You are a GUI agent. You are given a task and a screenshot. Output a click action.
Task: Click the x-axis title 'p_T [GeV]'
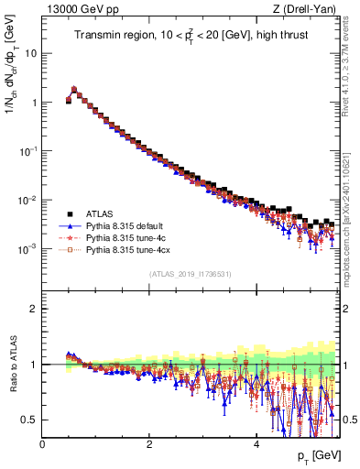pyautogui.click(x=318, y=455)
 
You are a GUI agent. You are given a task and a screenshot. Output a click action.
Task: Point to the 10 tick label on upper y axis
pyautogui.click(x=30, y=53)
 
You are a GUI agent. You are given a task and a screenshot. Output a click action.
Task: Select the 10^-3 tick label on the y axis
pyautogui.click(x=28, y=249)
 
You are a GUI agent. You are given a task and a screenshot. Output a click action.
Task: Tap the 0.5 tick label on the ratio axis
pyautogui.click(x=29, y=420)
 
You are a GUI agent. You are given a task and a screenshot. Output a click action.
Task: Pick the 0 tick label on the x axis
pyautogui.click(x=42, y=443)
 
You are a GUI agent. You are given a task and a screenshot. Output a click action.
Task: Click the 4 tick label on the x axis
pyautogui.click(x=256, y=443)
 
